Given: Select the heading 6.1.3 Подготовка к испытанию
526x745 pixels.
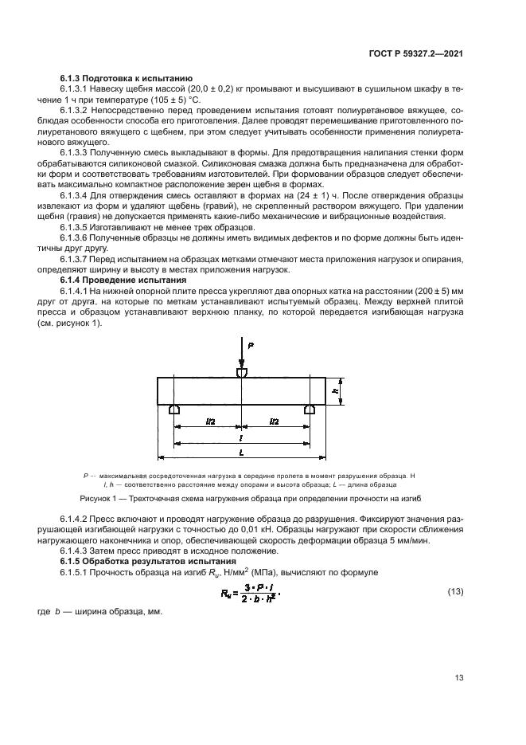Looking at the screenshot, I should pyautogui.click(x=126, y=78).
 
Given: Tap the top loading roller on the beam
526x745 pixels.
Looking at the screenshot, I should pyautogui.click(x=240, y=372).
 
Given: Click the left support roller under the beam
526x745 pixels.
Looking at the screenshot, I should pyautogui.click(x=174, y=409).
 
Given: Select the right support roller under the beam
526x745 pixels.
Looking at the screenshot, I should pyautogui.click(x=309, y=409).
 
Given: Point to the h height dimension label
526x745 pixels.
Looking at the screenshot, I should pyautogui.click(x=337, y=391).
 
